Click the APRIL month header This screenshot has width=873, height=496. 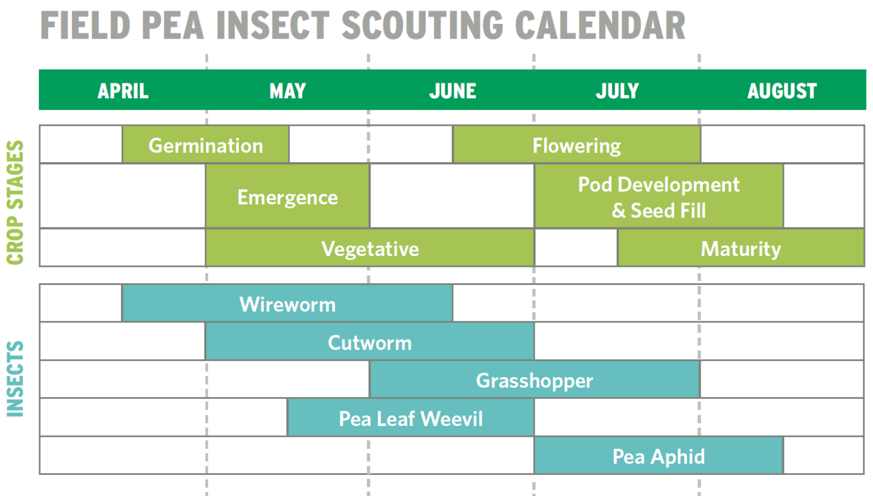[x=123, y=91]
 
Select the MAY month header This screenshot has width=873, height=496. [x=288, y=91]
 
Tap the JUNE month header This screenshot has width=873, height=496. [x=452, y=91]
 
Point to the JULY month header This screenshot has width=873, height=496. [x=617, y=91]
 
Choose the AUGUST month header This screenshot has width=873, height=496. [x=782, y=91]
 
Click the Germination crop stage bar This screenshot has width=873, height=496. [x=206, y=146]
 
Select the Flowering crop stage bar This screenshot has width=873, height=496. [x=576, y=146]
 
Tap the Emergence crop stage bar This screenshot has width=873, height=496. [x=288, y=197]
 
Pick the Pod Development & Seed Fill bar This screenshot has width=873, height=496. [x=658, y=197]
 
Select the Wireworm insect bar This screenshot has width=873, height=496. [x=288, y=304]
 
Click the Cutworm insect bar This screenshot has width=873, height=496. [x=370, y=342]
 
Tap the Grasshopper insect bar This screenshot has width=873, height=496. [x=534, y=381]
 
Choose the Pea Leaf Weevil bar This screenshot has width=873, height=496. [x=410, y=419]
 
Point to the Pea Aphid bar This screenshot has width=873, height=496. [x=658, y=456]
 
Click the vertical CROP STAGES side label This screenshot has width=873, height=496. [x=15, y=202]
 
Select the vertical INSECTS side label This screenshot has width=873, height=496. [x=15, y=379]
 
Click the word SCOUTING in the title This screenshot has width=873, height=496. [x=422, y=26]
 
